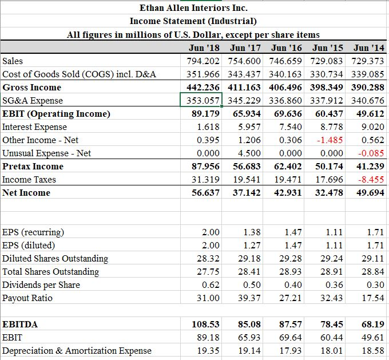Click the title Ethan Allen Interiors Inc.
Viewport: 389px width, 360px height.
[193, 8]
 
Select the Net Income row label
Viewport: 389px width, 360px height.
[26, 192]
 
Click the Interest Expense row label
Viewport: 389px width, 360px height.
[34, 126]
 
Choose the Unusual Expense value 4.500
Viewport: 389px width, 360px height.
[250, 153]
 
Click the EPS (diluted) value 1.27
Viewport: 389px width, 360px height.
[252, 245]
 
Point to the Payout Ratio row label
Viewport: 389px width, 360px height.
[27, 298]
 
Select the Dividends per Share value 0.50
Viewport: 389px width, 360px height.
[252, 284]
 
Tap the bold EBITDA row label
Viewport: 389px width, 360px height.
[21, 324]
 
